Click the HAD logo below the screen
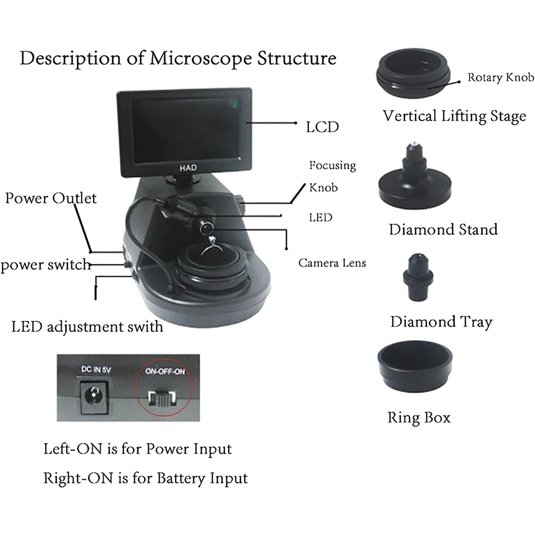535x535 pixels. (x=188, y=168)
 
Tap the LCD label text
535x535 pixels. (x=322, y=127)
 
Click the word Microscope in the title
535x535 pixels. (x=200, y=58)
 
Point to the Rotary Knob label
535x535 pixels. (x=500, y=77)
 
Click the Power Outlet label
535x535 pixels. (x=51, y=198)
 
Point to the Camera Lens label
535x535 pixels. (x=332, y=263)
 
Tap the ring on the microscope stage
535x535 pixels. (x=212, y=247)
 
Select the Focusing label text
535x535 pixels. (x=332, y=165)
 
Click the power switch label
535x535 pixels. (x=45, y=264)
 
